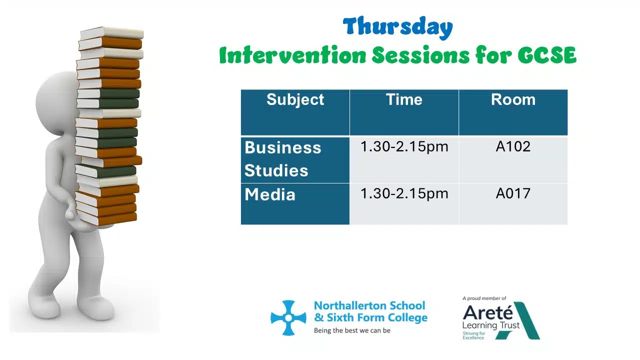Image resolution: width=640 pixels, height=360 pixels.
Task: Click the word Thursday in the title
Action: tap(397, 27)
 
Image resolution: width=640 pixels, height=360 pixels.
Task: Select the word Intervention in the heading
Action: tap(292, 55)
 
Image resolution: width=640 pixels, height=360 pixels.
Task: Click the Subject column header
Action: tap(295, 99)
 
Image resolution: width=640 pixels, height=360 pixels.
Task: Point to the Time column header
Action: tap(404, 99)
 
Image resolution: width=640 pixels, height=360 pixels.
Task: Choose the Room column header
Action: tap(513, 99)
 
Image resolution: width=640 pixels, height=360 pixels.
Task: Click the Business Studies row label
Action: tap(283, 159)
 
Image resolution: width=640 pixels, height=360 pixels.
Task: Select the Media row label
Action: tap(269, 194)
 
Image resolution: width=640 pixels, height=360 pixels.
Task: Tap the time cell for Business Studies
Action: tap(404, 147)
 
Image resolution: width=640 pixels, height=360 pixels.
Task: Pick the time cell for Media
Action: tap(404, 193)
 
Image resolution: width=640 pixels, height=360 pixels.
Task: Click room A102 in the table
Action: tap(513, 146)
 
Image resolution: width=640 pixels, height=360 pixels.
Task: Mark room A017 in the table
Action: tap(513, 193)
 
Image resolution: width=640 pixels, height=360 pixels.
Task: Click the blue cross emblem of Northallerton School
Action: tap(288, 317)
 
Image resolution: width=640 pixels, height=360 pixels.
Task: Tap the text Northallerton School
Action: tap(369, 305)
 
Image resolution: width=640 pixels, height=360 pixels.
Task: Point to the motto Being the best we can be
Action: tap(352, 330)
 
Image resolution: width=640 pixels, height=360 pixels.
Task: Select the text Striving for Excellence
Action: tap(473, 335)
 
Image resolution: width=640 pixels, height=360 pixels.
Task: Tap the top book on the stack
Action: tap(111, 33)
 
